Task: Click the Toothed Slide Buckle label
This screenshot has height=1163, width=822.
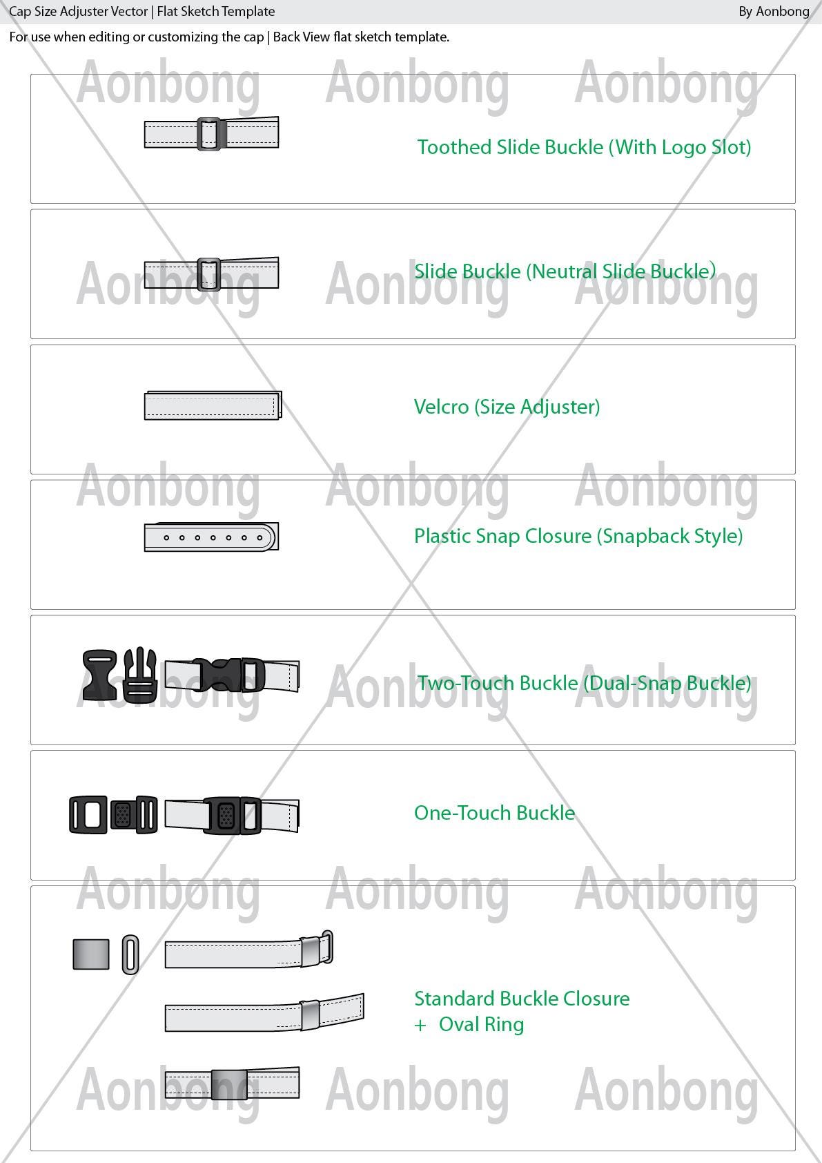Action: tap(585, 148)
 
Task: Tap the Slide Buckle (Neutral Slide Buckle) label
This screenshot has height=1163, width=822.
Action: tap(565, 271)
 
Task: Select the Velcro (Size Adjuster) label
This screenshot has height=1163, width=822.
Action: tap(507, 407)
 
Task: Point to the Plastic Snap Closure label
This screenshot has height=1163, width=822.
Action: tap(578, 537)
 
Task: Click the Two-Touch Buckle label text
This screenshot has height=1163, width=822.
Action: tap(585, 683)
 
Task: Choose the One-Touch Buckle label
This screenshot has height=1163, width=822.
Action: tap(495, 813)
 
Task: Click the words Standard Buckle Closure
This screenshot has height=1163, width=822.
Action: tap(522, 999)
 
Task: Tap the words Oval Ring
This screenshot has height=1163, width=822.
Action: tap(481, 1024)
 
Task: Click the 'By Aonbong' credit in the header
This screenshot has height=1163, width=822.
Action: tap(774, 12)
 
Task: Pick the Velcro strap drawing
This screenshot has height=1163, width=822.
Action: tap(213, 405)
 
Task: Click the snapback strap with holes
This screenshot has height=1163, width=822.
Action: tap(211, 537)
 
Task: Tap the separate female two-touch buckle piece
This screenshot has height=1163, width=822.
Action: tap(99, 675)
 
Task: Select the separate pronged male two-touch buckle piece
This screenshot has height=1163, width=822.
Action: tap(140, 675)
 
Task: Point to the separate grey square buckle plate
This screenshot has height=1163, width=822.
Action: tap(91, 954)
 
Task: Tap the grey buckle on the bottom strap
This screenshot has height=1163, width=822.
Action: tap(228, 1084)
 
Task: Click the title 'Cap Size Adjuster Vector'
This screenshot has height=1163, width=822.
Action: tap(78, 12)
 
